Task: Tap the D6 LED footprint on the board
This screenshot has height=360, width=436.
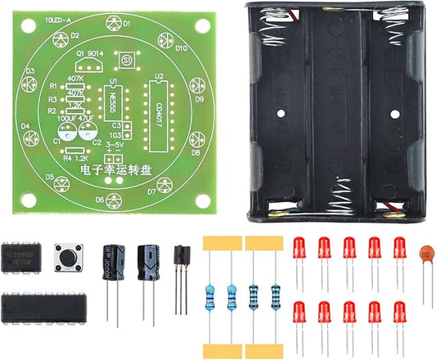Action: (120, 197)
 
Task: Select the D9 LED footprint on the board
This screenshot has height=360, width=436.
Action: (197, 83)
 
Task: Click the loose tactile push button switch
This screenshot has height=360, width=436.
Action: (67, 255)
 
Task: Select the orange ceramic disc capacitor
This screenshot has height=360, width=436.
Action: (425, 255)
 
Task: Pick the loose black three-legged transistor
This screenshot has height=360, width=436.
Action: (182, 255)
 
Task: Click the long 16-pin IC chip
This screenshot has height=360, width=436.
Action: (42, 308)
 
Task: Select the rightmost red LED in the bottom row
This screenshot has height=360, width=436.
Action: (399, 312)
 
